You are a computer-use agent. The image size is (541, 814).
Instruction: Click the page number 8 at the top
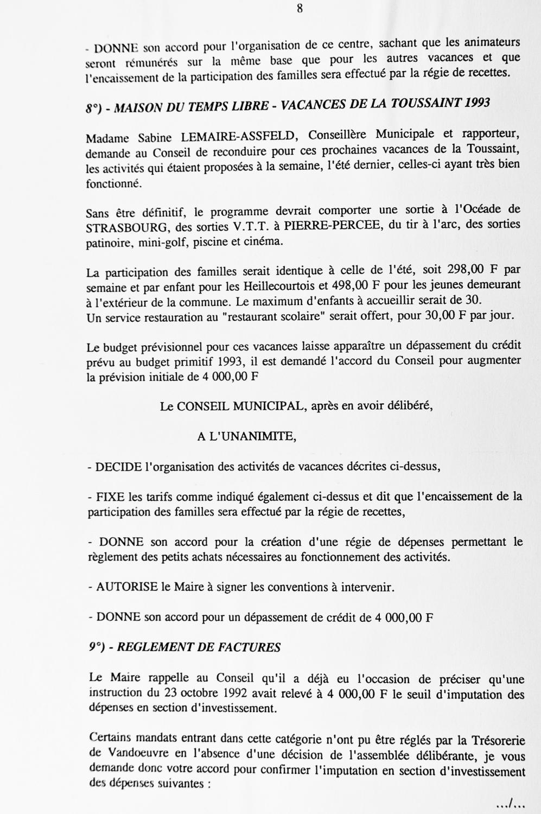[x=300, y=8]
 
